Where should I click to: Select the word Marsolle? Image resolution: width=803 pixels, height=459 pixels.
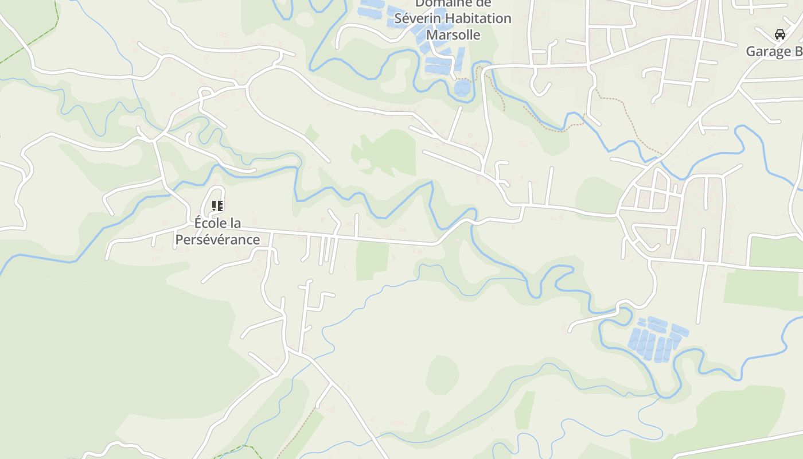pos(453,35)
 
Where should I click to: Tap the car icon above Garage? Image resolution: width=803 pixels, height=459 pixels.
pos(780,34)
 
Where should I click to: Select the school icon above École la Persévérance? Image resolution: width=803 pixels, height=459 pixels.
pos(217,205)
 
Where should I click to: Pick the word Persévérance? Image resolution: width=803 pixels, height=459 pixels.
pos(217,239)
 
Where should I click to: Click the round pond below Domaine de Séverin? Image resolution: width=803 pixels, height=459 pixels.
pos(463,88)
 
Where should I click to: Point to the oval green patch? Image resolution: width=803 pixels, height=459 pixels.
pos(442,374)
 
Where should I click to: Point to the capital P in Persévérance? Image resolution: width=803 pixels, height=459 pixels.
pos(179,239)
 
